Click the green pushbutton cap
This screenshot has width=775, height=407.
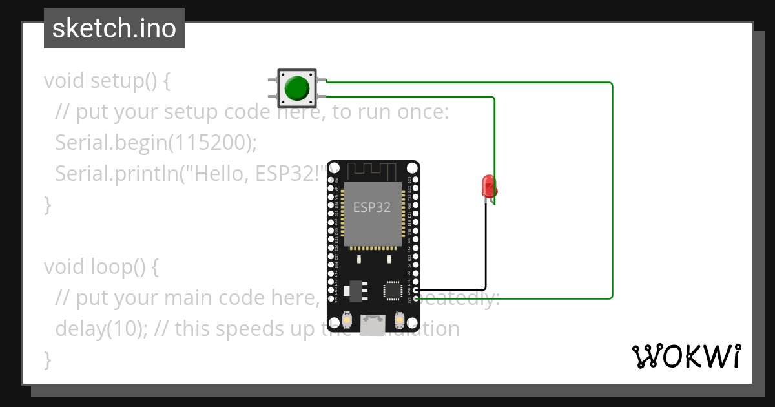[297, 88]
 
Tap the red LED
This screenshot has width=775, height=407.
[489, 187]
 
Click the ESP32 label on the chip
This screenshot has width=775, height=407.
[371, 207]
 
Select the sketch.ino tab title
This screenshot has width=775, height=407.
[114, 28]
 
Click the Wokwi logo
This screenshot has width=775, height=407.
[685, 356]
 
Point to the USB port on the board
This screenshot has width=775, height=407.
[373, 325]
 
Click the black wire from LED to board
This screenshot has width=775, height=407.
[485, 252]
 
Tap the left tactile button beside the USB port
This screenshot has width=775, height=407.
[347, 320]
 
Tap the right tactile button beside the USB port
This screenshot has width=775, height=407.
[398, 320]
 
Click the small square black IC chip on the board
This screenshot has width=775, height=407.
[393, 290]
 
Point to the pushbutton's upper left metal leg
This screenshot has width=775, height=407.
[273, 80]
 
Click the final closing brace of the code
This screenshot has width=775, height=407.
[47, 359]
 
